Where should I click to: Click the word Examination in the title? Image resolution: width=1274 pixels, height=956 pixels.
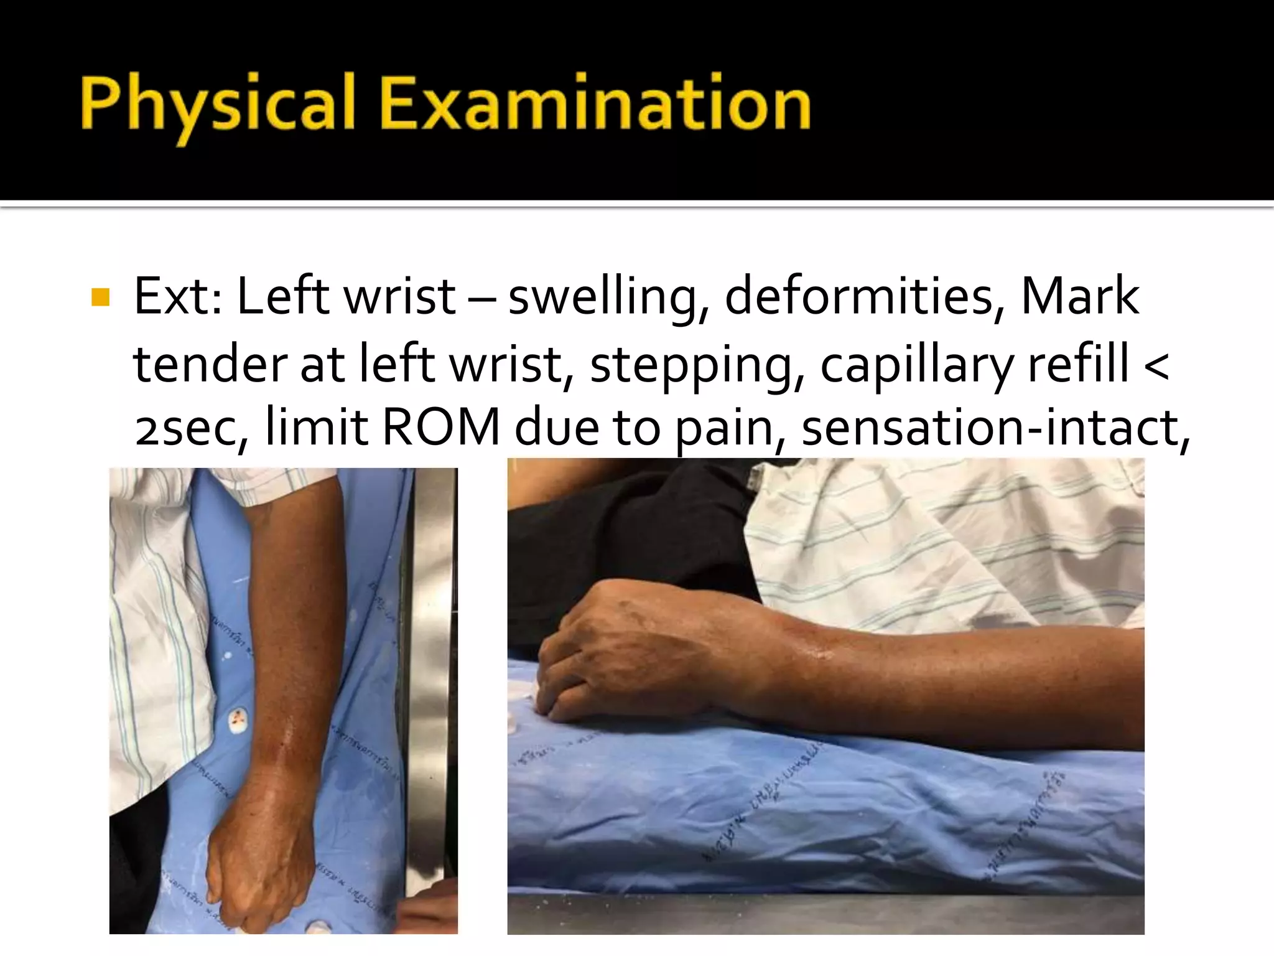point(595,103)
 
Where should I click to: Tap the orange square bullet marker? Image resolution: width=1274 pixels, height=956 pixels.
point(100,298)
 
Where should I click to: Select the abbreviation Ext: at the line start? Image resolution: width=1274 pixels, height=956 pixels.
point(178,296)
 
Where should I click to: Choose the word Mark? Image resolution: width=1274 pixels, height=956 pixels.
point(1079,296)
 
